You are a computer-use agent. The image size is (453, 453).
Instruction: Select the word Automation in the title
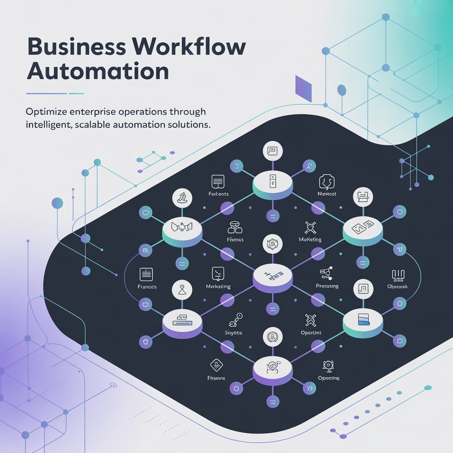[x=98, y=71]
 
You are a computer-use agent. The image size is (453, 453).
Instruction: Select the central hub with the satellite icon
[x=272, y=277]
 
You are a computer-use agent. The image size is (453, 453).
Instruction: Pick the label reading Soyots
[x=234, y=333]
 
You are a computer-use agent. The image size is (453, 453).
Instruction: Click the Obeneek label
[x=397, y=287]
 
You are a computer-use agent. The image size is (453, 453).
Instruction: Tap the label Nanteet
[x=327, y=194]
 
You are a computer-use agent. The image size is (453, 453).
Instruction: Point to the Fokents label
[x=219, y=194]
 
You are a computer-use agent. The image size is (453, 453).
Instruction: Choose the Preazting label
[x=327, y=286]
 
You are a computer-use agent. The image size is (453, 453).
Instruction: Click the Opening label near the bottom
[x=329, y=378]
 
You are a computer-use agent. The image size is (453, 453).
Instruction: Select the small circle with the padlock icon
[x=145, y=251]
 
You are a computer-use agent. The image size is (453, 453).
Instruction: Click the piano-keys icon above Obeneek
[x=399, y=275]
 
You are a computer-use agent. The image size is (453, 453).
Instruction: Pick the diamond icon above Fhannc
[x=216, y=365]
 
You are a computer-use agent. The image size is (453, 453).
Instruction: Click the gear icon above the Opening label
[x=328, y=365]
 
